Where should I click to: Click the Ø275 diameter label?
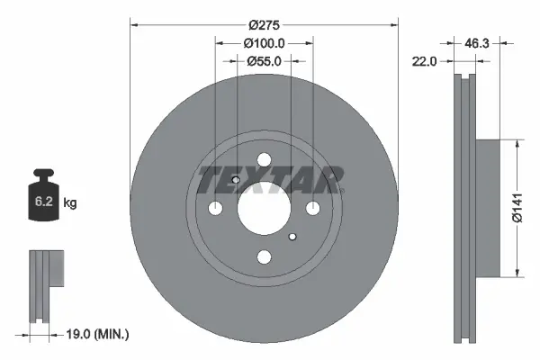[x=265, y=26]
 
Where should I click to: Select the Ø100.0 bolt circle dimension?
[x=265, y=43]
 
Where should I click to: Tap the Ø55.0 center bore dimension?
[x=265, y=61]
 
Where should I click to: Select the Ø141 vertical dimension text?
[x=517, y=208]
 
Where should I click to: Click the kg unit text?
[x=70, y=203]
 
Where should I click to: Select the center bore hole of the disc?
[x=265, y=209]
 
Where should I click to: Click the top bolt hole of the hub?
[x=265, y=160]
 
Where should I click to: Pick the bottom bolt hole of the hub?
[x=265, y=257]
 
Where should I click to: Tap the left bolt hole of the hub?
[x=216, y=209]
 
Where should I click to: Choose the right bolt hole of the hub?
[x=313, y=209]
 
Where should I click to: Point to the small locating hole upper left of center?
[x=236, y=180]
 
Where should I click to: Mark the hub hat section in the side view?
[x=486, y=208]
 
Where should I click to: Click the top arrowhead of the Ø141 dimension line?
[x=517, y=144]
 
